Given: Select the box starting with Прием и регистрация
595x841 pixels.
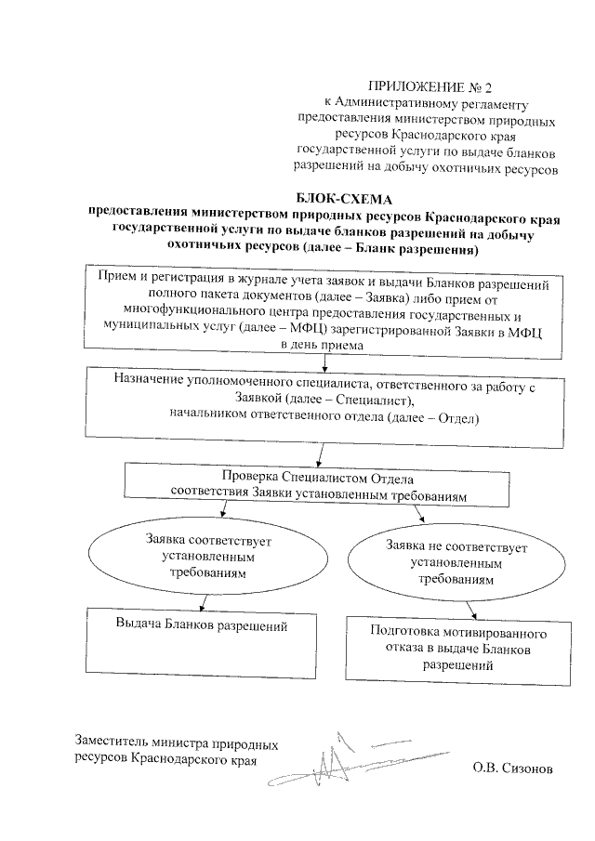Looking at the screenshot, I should click(322, 309).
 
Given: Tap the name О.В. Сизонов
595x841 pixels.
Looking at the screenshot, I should click(511, 769).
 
